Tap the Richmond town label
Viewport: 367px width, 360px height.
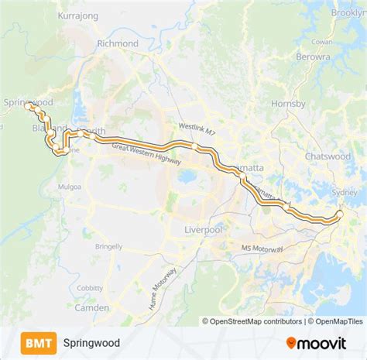pyautogui.click(x=118, y=44)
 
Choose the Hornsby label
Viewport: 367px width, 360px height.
pyautogui.click(x=288, y=104)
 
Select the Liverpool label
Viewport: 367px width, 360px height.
pyautogui.click(x=204, y=230)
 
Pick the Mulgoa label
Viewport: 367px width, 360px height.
pyautogui.click(x=69, y=187)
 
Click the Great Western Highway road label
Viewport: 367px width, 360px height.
pyautogui.click(x=146, y=155)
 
